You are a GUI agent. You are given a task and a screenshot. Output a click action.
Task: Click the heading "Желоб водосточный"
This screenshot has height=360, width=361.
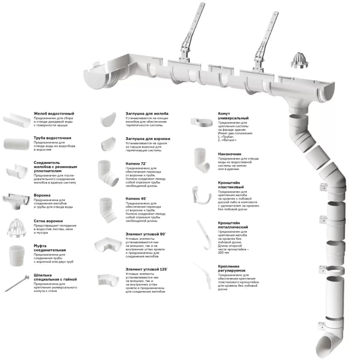point(54,113)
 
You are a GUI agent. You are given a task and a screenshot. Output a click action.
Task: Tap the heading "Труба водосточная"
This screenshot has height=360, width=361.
point(52,138)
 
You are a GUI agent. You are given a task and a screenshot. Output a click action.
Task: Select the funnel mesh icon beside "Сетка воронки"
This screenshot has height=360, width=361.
point(17,228)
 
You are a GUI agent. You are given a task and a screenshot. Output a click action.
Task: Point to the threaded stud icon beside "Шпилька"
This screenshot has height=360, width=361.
point(17,283)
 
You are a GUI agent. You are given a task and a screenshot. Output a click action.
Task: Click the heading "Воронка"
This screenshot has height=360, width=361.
point(42,195)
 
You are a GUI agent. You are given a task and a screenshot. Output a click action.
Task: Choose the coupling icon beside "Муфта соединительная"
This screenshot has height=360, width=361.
point(17,256)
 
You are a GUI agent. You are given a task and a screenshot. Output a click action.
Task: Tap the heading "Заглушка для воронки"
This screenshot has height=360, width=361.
point(148,139)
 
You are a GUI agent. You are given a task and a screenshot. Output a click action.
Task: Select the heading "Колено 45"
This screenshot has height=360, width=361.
point(136,198)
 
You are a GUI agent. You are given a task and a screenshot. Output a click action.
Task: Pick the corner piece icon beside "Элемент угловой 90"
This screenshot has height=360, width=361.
point(108,245)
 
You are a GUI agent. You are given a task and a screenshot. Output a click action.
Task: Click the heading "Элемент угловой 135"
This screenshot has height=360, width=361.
point(146,269)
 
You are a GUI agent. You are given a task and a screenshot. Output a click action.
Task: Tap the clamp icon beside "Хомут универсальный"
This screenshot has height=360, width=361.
point(201,122)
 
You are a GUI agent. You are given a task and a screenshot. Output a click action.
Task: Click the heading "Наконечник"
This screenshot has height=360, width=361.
point(229,154)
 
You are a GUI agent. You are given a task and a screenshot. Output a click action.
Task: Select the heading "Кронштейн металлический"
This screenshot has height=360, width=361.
point(233,225)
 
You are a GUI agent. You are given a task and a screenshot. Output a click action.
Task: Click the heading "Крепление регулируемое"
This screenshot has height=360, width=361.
point(232,268)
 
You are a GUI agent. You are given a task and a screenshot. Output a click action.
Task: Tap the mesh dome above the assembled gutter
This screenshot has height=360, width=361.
point(299,61)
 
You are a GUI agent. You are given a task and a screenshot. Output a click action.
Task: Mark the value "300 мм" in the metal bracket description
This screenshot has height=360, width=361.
point(223,252)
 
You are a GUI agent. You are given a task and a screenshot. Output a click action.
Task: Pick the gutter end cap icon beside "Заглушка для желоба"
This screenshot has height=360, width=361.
point(108,119)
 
